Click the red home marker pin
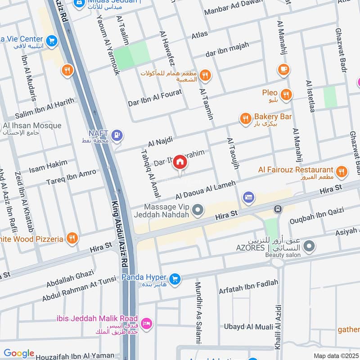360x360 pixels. click(x=180, y=162)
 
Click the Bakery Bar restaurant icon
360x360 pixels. click(x=245, y=118)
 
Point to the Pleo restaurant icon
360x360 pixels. click(x=286, y=94)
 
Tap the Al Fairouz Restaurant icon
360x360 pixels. click(x=342, y=171)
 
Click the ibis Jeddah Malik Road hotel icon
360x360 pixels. click(x=146, y=323)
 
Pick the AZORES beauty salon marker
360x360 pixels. click(x=309, y=246)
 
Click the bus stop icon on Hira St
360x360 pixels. click(x=278, y=209)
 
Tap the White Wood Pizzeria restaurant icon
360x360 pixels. click(x=71, y=238)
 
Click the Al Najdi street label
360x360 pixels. click(x=160, y=143)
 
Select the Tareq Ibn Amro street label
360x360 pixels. click(x=71, y=177)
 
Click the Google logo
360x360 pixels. click(x=19, y=353)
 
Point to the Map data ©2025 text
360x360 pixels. click(x=336, y=355)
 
